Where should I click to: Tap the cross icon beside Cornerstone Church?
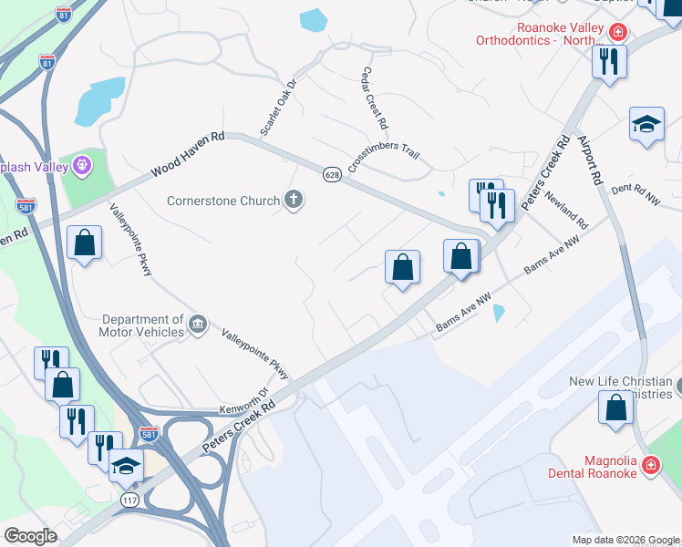tap(294, 200)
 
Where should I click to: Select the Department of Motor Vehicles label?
tap(143, 325)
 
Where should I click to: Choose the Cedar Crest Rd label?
tap(375, 98)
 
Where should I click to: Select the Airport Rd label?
tap(589, 160)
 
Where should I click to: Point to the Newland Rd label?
tap(566, 211)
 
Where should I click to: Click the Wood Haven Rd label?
tap(188, 154)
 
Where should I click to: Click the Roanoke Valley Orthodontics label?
tap(539, 39)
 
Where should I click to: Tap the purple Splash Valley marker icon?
tap(83, 166)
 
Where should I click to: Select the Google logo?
tap(31, 536)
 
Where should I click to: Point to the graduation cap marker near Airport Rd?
tap(646, 125)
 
